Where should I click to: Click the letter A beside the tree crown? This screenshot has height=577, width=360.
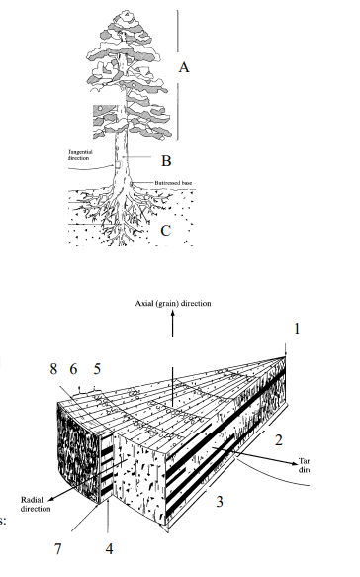pyautogui.click(x=184, y=68)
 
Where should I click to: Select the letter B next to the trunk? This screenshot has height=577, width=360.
pyautogui.click(x=167, y=159)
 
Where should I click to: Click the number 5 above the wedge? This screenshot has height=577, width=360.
pyautogui.click(x=97, y=369)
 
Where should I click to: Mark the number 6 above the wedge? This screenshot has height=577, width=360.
pyautogui.click(x=73, y=369)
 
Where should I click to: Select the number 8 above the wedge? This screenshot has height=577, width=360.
pyautogui.click(x=53, y=369)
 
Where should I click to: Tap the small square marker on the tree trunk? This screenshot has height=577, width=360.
pyautogui.click(x=119, y=156)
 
